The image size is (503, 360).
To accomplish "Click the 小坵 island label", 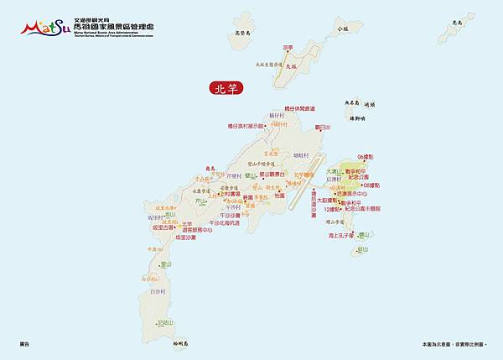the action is tap(342, 28).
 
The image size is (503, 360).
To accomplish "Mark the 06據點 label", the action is tap(367, 157).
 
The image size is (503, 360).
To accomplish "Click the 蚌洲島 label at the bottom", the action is tap(183, 343).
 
